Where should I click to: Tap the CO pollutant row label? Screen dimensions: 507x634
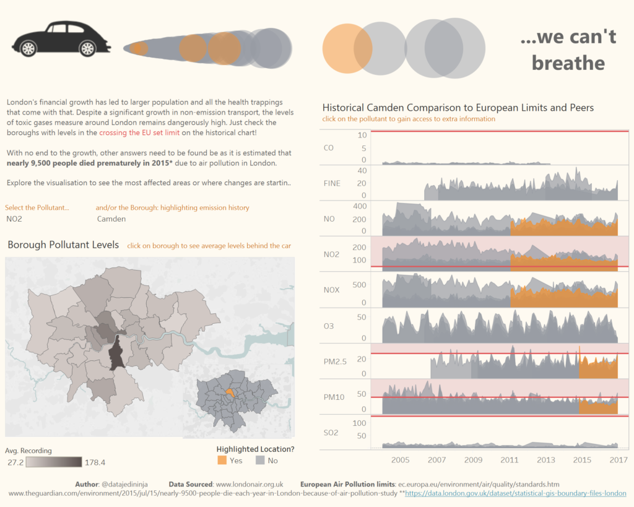(329, 148)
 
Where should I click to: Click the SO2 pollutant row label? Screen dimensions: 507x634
(331, 432)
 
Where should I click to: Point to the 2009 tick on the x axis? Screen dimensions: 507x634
(474, 460)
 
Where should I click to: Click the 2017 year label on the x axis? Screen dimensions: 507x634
(618, 460)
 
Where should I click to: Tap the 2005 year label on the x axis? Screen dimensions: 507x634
(401, 460)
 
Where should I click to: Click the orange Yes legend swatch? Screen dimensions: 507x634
(222, 460)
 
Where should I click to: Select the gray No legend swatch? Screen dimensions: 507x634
(259, 460)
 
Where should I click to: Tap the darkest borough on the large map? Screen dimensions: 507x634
(116, 356)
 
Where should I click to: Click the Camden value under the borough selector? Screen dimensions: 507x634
(111, 219)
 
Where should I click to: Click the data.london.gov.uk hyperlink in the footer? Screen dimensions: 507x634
(515, 493)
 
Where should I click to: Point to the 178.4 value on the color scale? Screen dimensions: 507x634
(95, 462)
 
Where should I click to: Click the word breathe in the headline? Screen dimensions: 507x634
(568, 63)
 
